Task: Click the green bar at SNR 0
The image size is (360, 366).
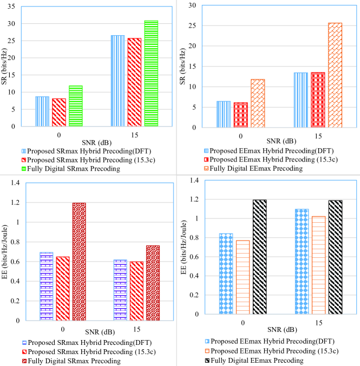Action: point(76,106)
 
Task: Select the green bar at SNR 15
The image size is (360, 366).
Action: point(151,74)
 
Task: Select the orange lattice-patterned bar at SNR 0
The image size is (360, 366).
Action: point(257,103)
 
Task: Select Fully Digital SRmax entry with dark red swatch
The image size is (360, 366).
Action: point(70,361)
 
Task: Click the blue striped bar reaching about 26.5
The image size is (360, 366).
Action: point(117,81)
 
